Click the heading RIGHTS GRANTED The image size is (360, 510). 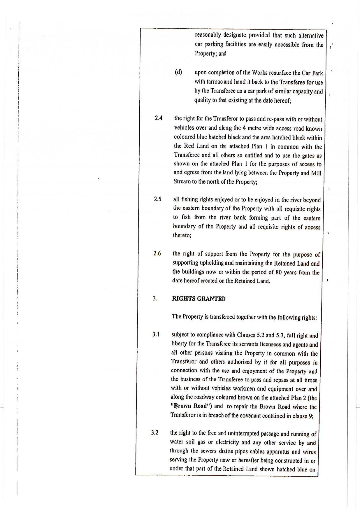pos(199,299)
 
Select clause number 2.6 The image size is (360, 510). pos(157,253)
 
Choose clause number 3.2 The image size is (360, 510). pos(155,432)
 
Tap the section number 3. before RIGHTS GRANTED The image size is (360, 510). pos(155,298)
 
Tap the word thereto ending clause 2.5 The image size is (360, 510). pos(182,235)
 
